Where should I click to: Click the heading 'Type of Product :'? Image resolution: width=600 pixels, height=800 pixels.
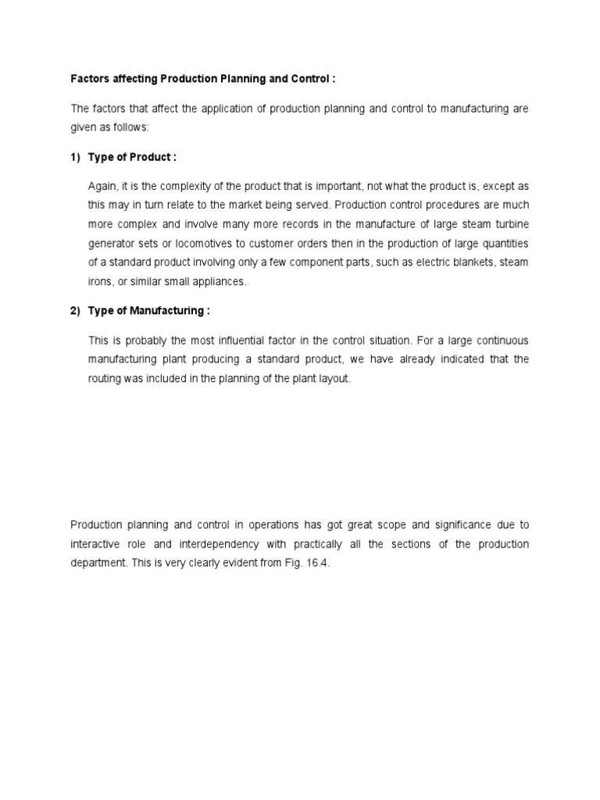(x=132, y=157)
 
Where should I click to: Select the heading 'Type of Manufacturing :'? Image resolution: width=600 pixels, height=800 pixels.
(x=148, y=311)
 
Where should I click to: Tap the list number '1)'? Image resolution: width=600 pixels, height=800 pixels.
(x=76, y=157)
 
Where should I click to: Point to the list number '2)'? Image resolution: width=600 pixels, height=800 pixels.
(x=76, y=311)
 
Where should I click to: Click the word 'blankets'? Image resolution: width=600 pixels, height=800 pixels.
(x=466, y=262)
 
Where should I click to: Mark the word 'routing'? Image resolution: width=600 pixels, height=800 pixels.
(x=106, y=378)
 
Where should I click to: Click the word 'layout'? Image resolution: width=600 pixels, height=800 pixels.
(x=346, y=378)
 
